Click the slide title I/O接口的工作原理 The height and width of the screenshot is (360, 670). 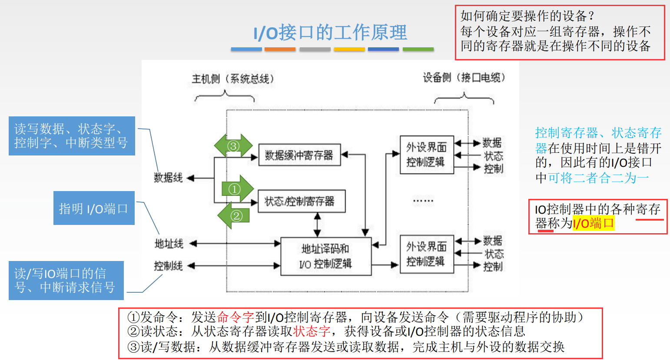[330, 33]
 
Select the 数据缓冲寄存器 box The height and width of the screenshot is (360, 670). [299, 155]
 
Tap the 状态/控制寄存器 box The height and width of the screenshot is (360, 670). [302, 201]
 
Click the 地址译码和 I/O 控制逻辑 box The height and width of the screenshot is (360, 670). [326, 256]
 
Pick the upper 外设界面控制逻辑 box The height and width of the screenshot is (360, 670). [427, 155]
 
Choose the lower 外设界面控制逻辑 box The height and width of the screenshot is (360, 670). [427, 254]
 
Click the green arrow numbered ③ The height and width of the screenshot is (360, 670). [234, 145]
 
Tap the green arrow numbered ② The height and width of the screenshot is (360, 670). [235, 215]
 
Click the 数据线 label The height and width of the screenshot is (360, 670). [168, 178]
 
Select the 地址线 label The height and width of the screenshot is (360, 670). [169, 244]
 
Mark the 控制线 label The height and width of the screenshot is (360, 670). [168, 266]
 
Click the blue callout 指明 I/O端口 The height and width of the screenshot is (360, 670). [94, 208]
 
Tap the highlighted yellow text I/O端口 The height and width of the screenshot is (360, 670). [594, 224]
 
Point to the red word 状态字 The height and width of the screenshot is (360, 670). [312, 331]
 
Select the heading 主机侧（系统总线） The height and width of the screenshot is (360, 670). [233, 79]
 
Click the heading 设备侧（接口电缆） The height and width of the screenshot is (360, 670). [464, 78]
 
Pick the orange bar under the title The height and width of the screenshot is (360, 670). [280, 50]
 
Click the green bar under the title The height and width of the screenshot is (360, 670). [418, 50]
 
